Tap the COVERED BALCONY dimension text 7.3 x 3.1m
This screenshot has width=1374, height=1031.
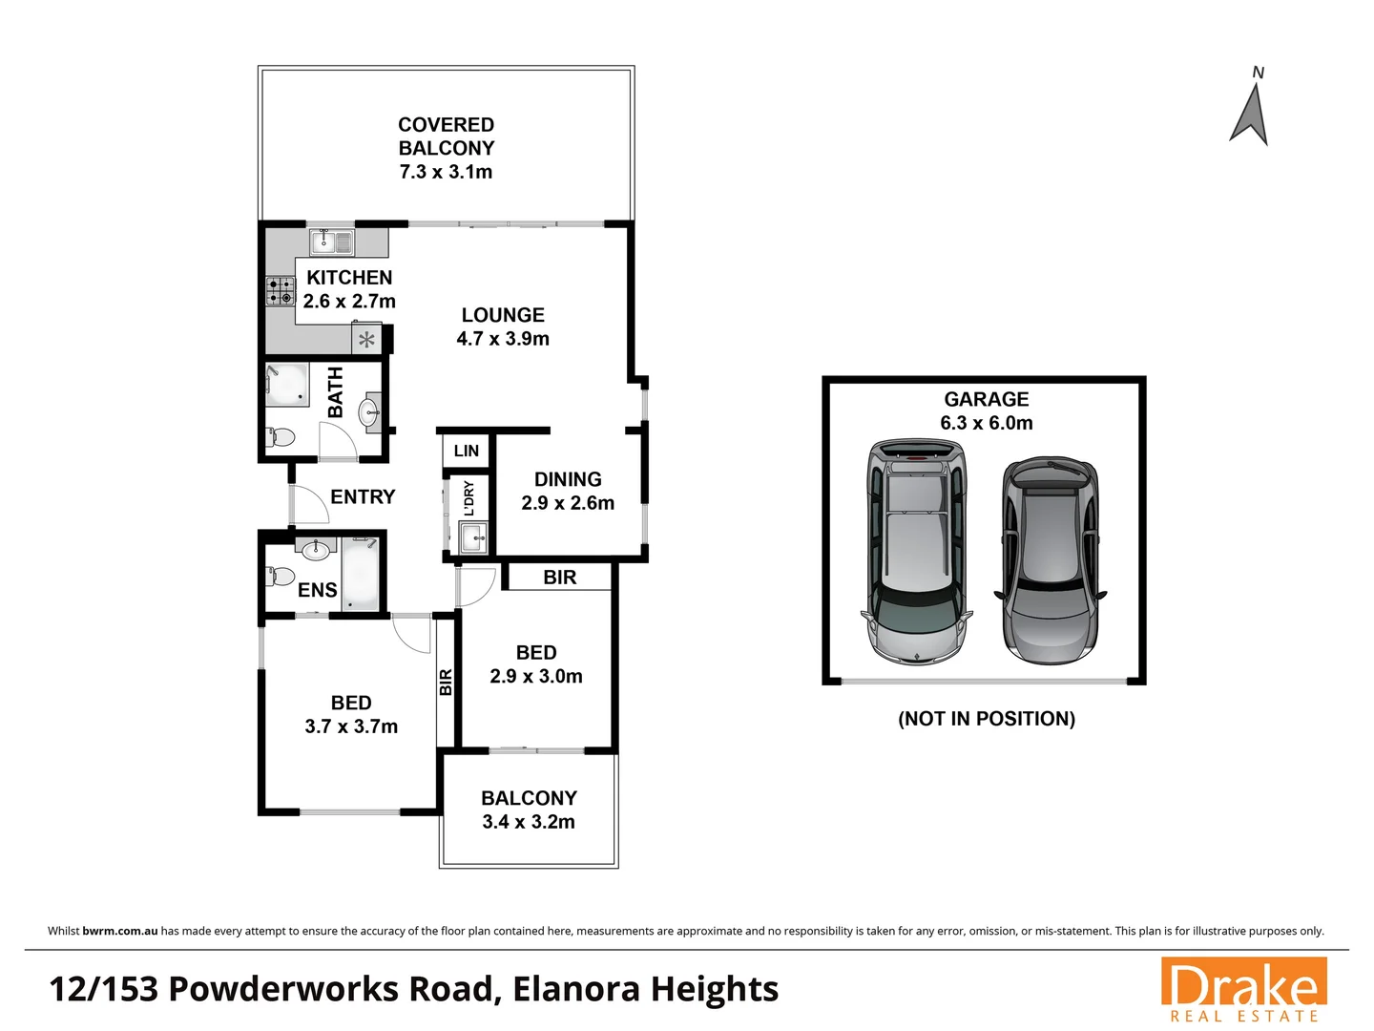click(x=446, y=173)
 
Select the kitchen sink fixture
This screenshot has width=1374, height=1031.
click(x=332, y=242)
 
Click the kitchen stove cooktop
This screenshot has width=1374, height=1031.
click(x=281, y=291)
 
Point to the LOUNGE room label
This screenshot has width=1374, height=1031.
click(x=503, y=315)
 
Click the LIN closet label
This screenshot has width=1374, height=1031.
click(x=467, y=451)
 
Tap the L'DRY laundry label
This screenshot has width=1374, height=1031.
click(x=468, y=498)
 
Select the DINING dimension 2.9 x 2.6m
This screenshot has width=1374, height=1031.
click(x=568, y=503)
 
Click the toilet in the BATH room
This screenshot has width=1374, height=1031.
click(x=281, y=437)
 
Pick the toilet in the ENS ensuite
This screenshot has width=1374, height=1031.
click(x=280, y=577)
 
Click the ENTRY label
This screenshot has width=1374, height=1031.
click(x=363, y=496)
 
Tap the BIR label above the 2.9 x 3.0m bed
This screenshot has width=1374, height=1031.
click(x=559, y=578)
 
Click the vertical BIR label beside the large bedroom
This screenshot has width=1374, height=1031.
click(x=446, y=682)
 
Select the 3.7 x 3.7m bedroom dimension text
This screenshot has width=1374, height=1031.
click(x=351, y=726)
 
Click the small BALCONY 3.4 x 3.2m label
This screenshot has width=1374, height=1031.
click(x=529, y=799)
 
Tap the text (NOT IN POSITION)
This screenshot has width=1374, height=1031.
click(x=986, y=719)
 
